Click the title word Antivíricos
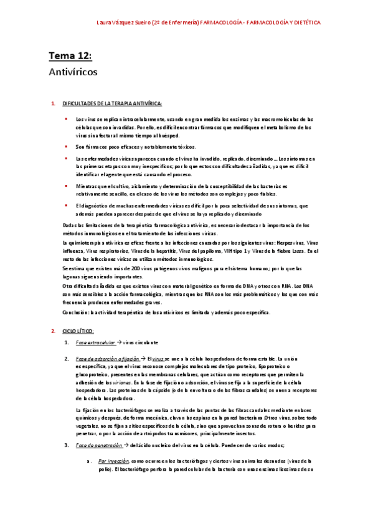pyautogui.click(x=72, y=72)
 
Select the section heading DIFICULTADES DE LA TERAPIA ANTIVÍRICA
pyautogui.click(x=112, y=103)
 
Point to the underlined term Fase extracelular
pyautogui.click(x=95, y=342)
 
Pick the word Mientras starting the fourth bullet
pyautogui.click(x=87, y=186)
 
